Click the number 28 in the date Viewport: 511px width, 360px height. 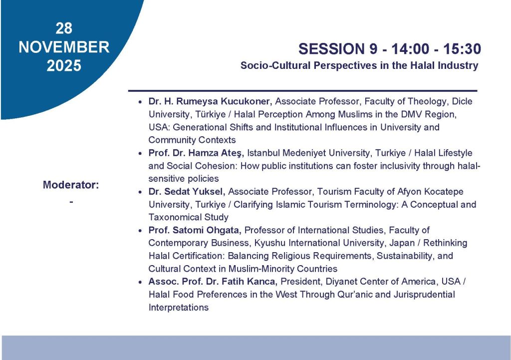point(63,28)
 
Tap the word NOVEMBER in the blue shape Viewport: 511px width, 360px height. point(64,47)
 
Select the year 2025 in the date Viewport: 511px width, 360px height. point(64,65)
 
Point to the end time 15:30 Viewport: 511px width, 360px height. point(462,49)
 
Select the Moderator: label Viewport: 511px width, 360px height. point(71,185)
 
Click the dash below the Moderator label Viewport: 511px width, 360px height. point(71,202)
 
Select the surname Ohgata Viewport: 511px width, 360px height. point(223,230)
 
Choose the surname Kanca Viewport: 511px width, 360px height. point(262,282)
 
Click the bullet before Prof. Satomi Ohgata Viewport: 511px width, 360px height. point(140,231)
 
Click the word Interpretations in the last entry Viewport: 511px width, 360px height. point(179,308)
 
